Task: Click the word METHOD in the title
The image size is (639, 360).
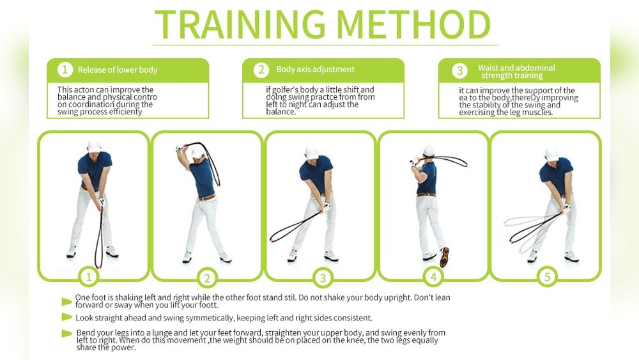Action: coord(414,24)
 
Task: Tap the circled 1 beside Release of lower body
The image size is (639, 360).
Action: coord(65,69)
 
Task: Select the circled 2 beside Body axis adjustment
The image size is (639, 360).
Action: coord(261,69)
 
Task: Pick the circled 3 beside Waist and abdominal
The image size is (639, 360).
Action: coord(459,70)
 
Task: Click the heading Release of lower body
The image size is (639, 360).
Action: coord(118,70)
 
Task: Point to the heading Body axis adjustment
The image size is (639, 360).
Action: coord(316,69)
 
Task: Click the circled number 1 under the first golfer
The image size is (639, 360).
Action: coord(88,277)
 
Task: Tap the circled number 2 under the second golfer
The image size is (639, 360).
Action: coord(207,278)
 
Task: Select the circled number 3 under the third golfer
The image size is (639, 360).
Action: coord(323,278)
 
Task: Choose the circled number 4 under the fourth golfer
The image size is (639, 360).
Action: coord(433,278)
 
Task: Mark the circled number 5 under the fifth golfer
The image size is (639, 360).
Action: coord(547,277)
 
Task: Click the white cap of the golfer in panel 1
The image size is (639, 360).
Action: coord(94,145)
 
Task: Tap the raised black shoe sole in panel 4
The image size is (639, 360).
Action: coord(444,257)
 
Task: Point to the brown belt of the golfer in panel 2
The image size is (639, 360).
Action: coord(207,198)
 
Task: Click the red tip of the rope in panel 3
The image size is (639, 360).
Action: coord(272,240)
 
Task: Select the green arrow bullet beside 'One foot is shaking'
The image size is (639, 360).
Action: coord(66,302)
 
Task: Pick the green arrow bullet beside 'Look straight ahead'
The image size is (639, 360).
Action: coord(66,317)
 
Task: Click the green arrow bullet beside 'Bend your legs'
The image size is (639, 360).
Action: coord(66,334)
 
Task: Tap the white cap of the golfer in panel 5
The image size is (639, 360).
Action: coord(552,154)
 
